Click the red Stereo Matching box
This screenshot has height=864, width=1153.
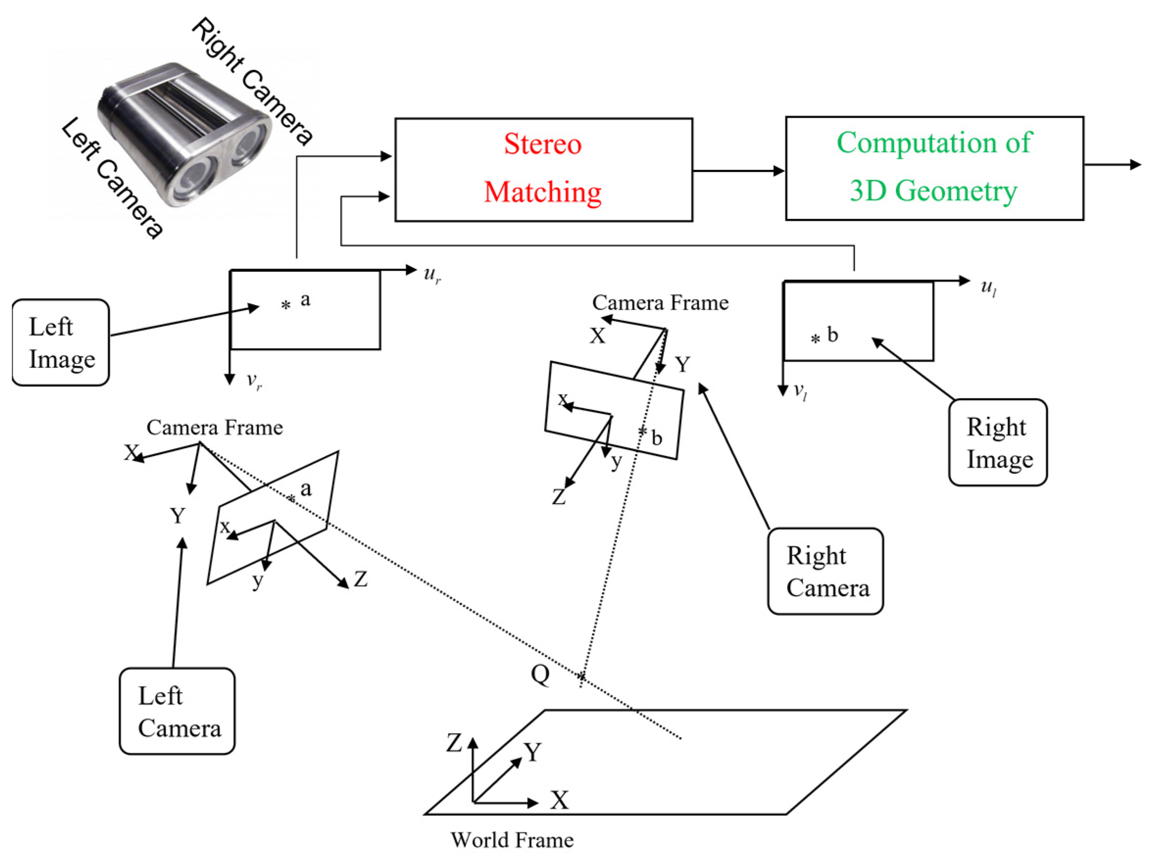pos(543,170)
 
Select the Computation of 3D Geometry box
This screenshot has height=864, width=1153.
pos(934,168)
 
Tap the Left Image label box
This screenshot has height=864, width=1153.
pos(60,342)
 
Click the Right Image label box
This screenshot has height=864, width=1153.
pos(998,442)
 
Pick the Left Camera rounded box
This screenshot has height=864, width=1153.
pos(177,711)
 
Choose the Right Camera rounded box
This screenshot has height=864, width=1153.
pos(826,571)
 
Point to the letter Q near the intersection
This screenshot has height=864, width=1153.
pos(540,675)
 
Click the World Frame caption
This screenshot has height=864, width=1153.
pos(512,840)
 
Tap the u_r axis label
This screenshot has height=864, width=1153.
pos(433,274)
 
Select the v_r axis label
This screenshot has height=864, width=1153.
pos(254,382)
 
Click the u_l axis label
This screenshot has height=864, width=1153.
pos(989,287)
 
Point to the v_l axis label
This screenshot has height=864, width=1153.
pos(800,392)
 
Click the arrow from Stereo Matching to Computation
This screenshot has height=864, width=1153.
pos(739,170)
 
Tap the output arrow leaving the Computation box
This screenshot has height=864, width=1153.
pos(1113,165)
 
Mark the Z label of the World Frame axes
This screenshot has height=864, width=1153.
pos(454,743)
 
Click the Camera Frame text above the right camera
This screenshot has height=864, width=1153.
pos(661,303)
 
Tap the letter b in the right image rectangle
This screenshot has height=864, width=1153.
pos(833,335)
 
